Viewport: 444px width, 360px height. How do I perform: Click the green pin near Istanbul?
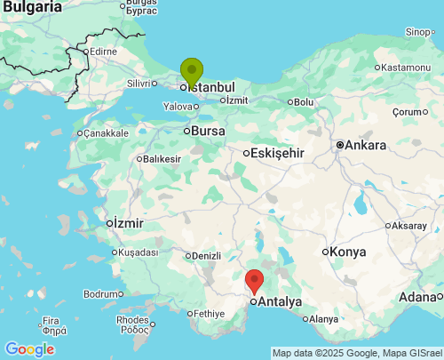click(191, 71)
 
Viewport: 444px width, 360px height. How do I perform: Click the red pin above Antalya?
click(255, 281)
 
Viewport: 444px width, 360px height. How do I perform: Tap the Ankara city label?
click(367, 145)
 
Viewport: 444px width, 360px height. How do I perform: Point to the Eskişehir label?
click(277, 153)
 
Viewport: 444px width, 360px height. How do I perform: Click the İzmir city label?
click(128, 222)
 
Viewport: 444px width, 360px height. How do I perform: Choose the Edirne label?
click(103, 52)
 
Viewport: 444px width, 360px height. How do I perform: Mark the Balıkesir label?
click(163, 159)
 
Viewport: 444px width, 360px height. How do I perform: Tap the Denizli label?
click(206, 256)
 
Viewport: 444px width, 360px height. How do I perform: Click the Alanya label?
click(323, 319)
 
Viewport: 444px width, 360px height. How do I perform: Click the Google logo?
click(28, 349)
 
